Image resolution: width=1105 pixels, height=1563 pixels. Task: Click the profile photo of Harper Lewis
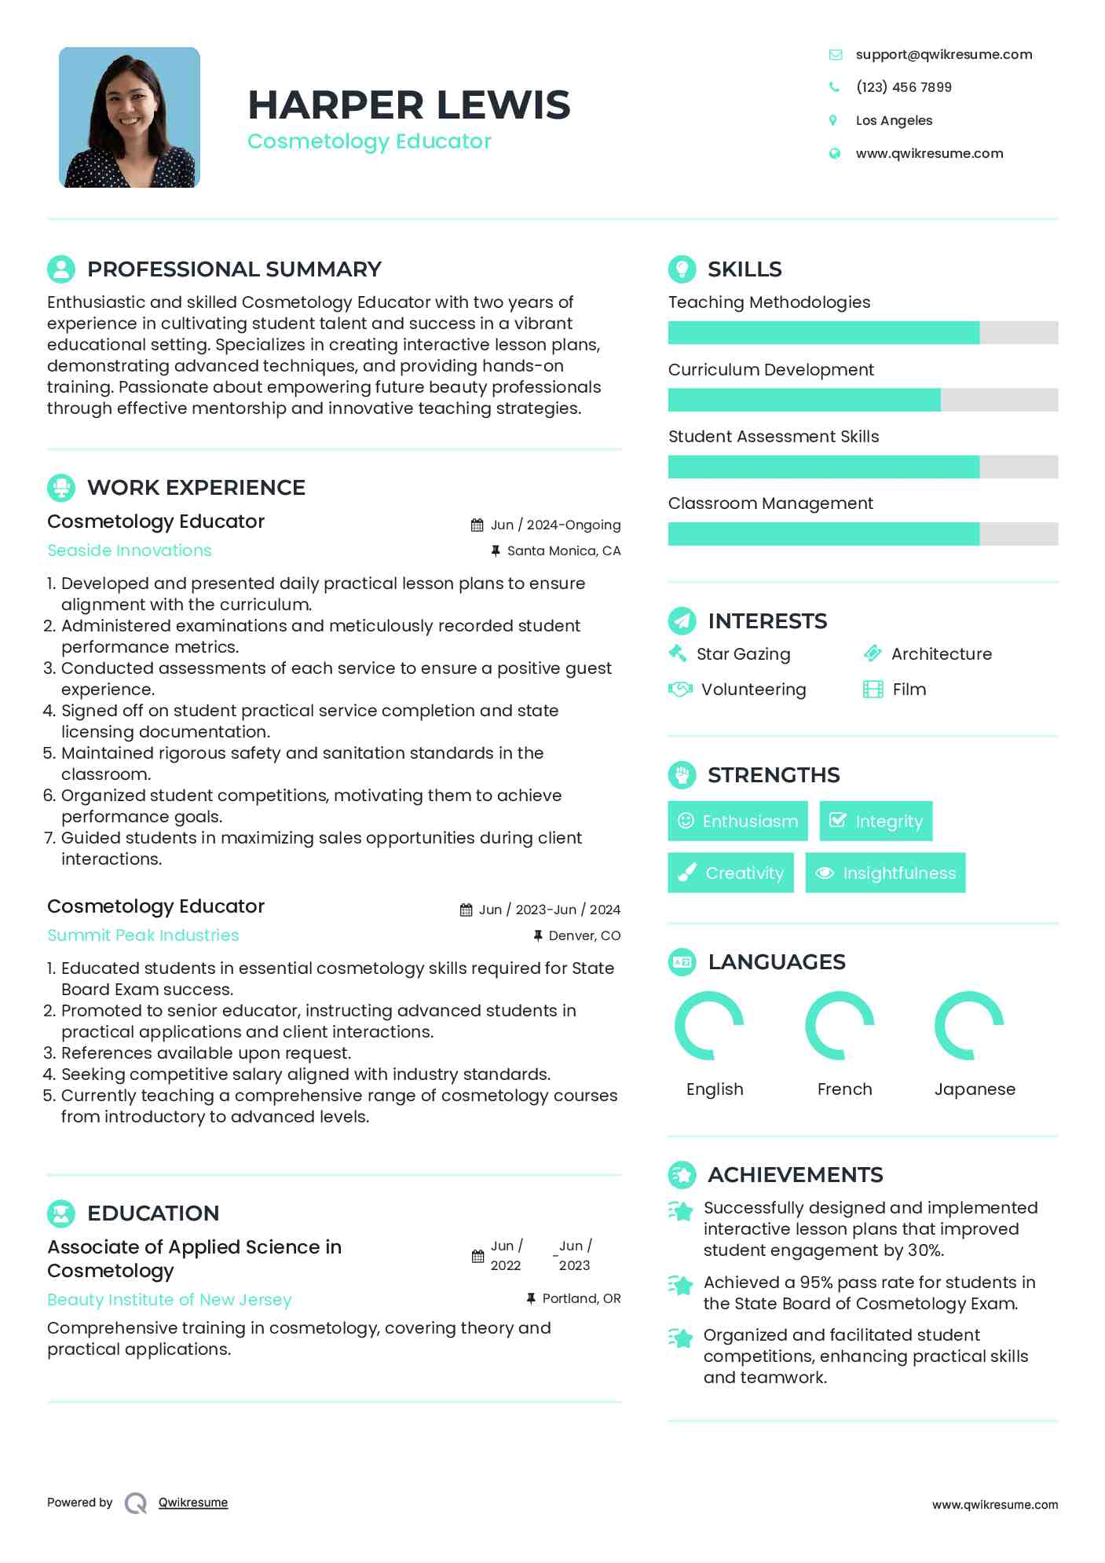130,118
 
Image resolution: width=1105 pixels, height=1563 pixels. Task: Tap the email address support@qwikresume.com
943,54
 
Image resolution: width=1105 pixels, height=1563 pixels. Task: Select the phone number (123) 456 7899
903,87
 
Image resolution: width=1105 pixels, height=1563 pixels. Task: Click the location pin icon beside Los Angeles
833,120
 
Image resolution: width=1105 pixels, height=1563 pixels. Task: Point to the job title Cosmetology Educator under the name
369,141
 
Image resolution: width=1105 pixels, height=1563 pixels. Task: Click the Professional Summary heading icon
61,269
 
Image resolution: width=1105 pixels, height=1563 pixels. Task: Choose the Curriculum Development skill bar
862,400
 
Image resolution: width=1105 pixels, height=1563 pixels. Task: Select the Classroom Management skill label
770,503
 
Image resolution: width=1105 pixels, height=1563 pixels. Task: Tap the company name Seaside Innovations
130,551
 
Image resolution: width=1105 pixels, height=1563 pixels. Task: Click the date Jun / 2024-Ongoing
555,525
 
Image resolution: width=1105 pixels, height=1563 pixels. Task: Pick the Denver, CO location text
584,935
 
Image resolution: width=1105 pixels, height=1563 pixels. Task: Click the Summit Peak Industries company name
143,935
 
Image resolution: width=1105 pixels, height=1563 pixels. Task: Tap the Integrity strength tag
876,822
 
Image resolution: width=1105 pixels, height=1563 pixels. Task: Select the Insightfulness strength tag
885,873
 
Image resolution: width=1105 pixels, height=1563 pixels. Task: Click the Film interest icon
873,690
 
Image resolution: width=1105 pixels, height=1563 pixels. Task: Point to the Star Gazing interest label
743,654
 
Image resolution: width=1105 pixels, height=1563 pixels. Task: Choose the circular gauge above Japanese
969,1026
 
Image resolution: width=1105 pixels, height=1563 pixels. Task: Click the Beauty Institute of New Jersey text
169,1300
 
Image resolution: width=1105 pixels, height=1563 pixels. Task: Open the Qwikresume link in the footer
193,1503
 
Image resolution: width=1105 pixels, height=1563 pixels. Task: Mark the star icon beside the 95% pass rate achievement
681,1286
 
